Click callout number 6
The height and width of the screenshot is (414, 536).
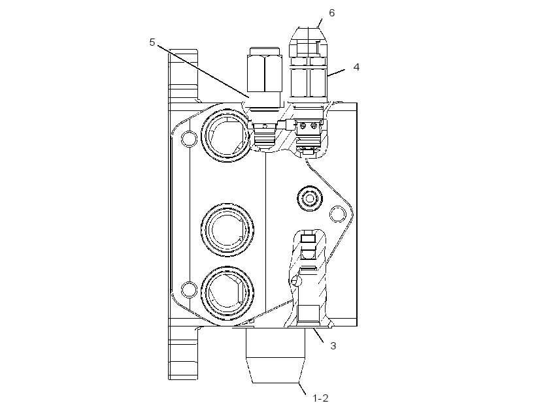[331, 13]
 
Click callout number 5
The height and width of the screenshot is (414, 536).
[152, 42]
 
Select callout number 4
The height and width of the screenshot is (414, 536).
[356, 67]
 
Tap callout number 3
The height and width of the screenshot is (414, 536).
[333, 345]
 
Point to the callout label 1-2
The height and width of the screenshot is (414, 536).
[321, 398]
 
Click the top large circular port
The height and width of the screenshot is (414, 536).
[227, 136]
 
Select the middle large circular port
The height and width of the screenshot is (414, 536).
[227, 230]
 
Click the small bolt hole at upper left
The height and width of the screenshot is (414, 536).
[189, 138]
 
